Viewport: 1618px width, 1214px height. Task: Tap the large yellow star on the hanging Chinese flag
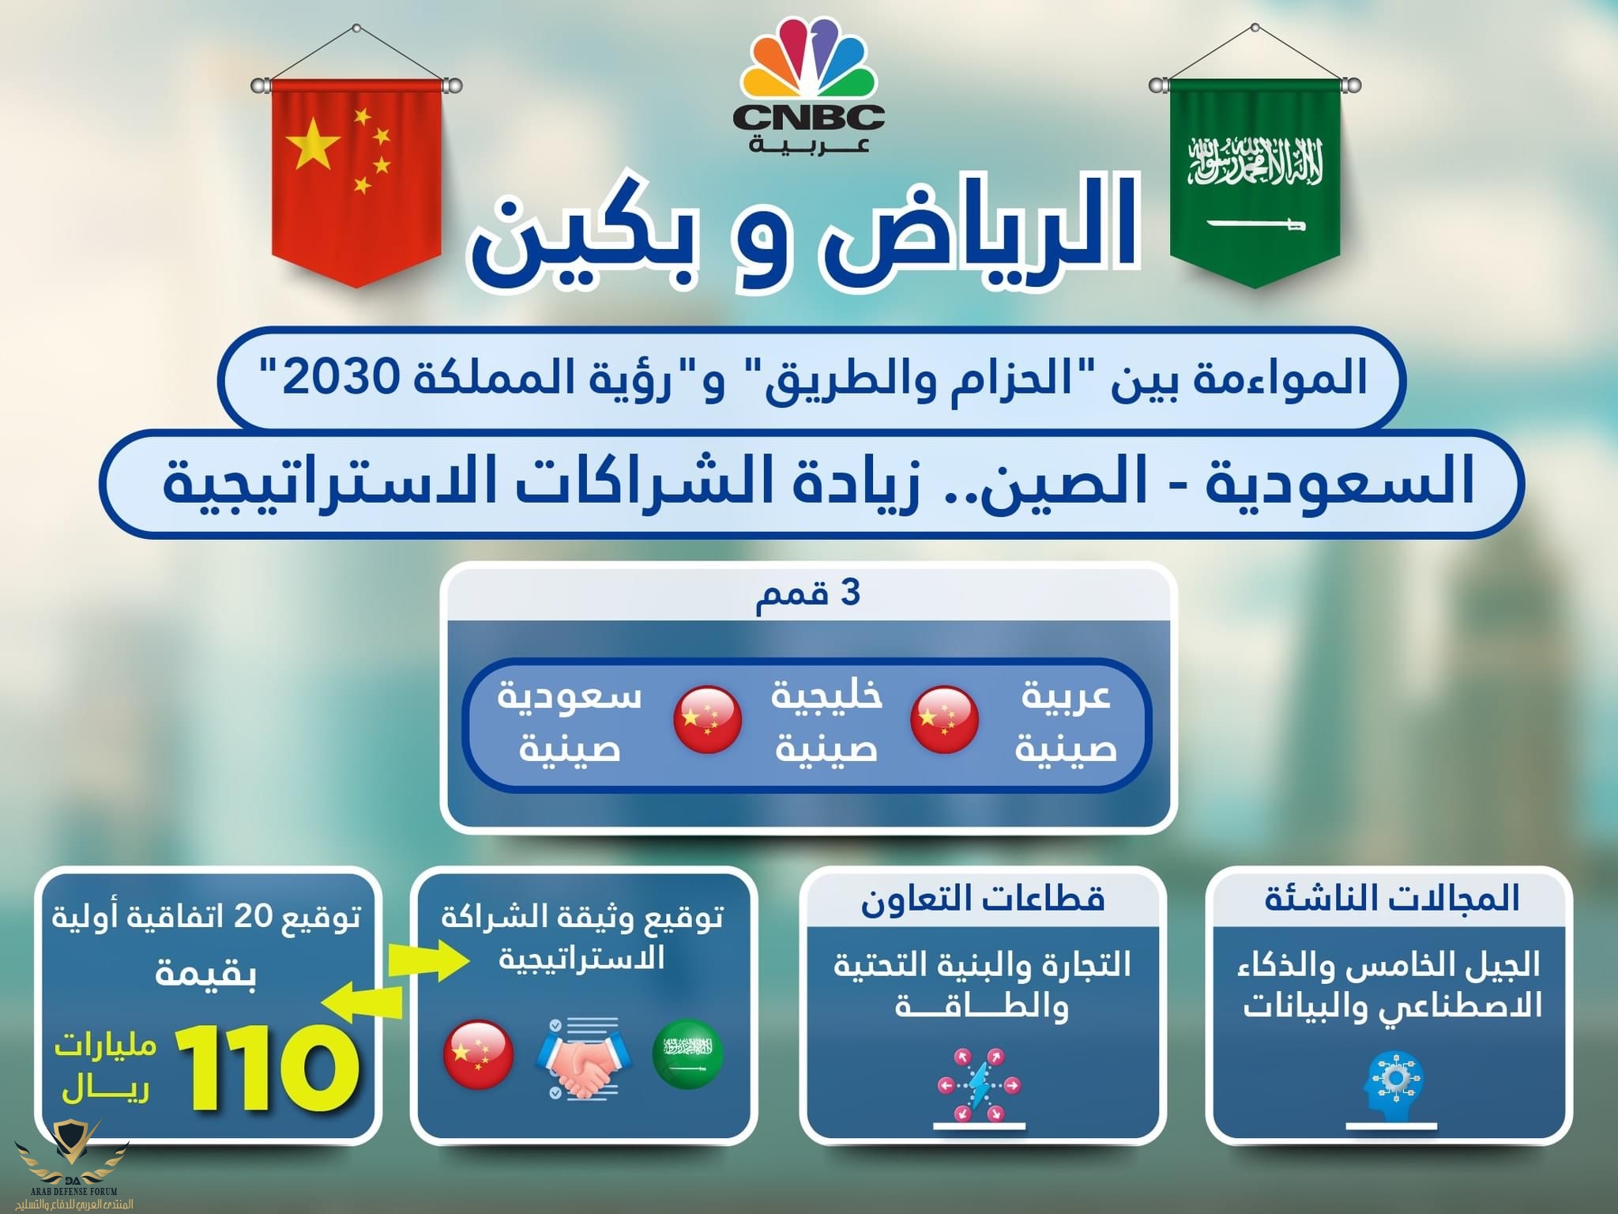pos(314,144)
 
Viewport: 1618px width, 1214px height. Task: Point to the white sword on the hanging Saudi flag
pos(1256,224)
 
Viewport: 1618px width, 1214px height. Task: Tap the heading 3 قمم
pos(808,593)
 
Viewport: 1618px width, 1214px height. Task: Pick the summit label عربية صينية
pos(1066,720)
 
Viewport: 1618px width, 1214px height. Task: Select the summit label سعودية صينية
pos(570,720)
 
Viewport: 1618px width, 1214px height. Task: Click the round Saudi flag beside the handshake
pos(688,1054)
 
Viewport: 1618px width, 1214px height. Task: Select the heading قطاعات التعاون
pos(982,899)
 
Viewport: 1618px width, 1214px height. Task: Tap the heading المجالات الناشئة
pos(1392,899)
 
